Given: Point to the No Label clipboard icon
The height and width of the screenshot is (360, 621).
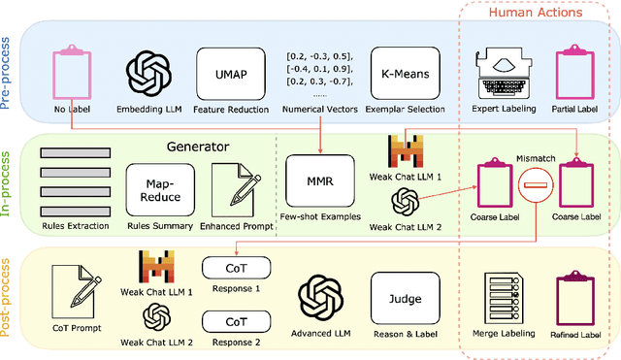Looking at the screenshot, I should pyautogui.click(x=72, y=71).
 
